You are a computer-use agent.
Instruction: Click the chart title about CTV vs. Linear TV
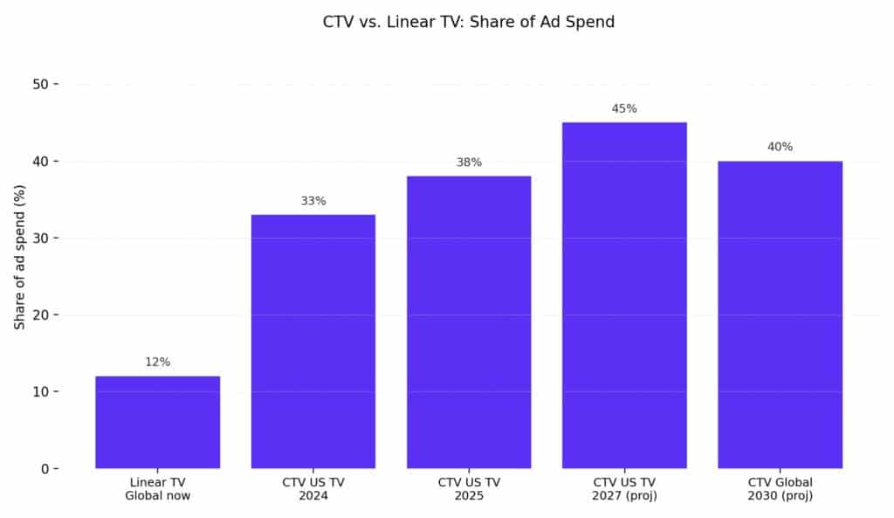(x=469, y=22)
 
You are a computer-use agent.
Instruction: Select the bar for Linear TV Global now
(x=157, y=422)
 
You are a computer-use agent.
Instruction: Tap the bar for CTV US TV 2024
(x=313, y=341)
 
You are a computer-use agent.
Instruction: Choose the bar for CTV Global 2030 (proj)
(x=780, y=314)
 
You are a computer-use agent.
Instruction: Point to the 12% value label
(x=157, y=362)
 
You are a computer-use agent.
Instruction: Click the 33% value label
(x=313, y=201)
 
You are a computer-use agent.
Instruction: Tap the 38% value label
(x=469, y=162)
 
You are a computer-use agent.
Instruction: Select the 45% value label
(x=624, y=108)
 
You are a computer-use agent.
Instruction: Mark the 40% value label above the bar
(x=780, y=147)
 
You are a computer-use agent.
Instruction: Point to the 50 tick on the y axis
(x=39, y=84)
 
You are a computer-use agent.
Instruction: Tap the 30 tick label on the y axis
(x=39, y=238)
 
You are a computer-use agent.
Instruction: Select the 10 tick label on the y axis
(x=39, y=391)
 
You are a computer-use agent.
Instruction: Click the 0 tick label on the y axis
(x=45, y=469)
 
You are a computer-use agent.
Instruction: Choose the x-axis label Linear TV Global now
(x=157, y=489)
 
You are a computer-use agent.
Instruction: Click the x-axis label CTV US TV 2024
(x=313, y=489)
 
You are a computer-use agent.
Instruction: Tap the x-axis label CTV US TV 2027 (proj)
(x=624, y=489)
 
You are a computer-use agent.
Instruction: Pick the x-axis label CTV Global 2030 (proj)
(x=780, y=489)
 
